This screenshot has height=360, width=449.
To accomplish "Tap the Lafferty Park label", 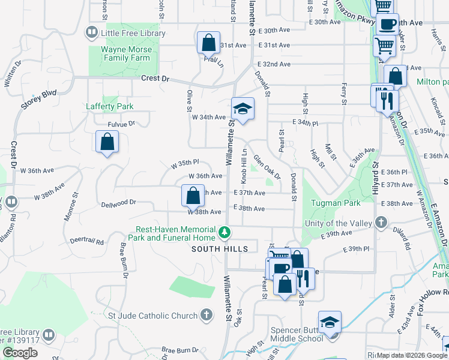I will pyautogui.click(x=109, y=106).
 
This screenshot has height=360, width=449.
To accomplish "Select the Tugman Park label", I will pyautogui.click(x=336, y=203).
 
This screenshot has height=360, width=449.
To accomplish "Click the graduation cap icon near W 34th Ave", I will pyautogui.click(x=243, y=109).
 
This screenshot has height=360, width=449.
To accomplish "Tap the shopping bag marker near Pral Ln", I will pyautogui.click(x=208, y=43).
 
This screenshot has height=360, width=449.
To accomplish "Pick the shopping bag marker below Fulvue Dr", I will pyautogui.click(x=107, y=142).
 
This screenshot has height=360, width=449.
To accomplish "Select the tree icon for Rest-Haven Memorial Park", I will pyautogui.click(x=224, y=232).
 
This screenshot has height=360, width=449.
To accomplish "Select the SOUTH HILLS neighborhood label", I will pyautogui.click(x=220, y=249).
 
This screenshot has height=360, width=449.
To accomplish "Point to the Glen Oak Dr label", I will pyautogui.click(x=267, y=167).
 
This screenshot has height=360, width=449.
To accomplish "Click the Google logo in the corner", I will pyautogui.click(x=20, y=353).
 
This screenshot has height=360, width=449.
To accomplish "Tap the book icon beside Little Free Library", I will pyautogui.click(x=92, y=31).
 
